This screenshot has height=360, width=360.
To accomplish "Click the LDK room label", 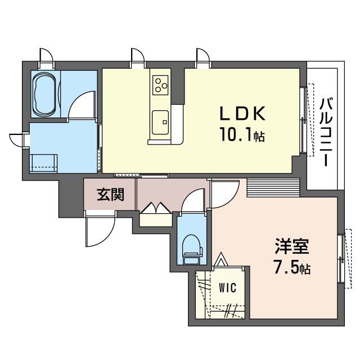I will click(x=242, y=114).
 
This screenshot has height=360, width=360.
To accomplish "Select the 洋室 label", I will click(x=292, y=247).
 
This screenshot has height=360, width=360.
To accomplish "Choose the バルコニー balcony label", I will click(x=326, y=132).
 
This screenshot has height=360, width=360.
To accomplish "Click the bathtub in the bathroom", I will click(x=44, y=94).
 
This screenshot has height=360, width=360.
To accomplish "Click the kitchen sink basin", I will click(x=160, y=120).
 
